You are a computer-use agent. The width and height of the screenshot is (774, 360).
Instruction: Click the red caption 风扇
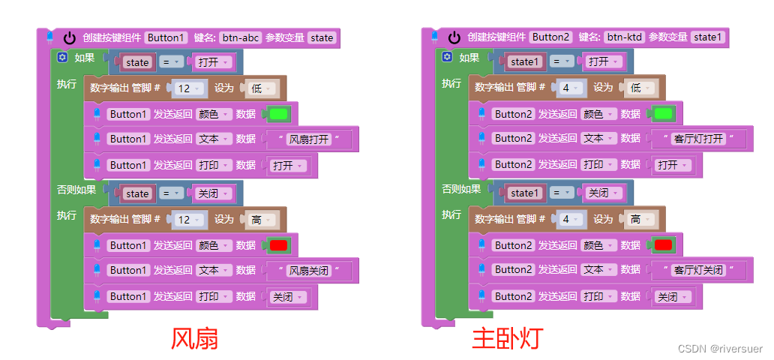pyautogui.click(x=194, y=339)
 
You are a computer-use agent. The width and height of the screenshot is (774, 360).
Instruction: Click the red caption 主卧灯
pyautogui.click(x=506, y=339)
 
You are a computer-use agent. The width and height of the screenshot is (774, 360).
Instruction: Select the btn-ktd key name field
pyautogui.click(x=625, y=37)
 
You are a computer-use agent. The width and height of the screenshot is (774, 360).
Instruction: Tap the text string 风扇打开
pyautogui.click(x=308, y=139)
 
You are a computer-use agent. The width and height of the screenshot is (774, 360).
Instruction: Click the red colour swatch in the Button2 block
pyautogui.click(x=663, y=245)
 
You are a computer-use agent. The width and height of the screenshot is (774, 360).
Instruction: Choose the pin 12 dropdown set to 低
pyautogui.click(x=188, y=88)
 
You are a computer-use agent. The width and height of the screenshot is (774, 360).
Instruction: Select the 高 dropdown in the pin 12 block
pyautogui.click(x=259, y=220)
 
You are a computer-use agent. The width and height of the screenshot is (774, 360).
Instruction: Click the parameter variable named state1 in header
pyautogui.click(x=707, y=37)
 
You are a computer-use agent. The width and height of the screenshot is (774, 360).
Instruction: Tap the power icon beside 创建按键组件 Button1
pyautogui.click(x=70, y=37)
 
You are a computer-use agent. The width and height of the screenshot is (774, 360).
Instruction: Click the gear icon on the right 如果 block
pyautogui.click(x=447, y=58)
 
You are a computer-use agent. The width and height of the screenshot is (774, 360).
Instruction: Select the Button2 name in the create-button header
pyautogui.click(x=550, y=37)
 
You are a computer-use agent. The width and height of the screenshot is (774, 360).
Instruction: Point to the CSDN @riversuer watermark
pyautogui.click(x=720, y=349)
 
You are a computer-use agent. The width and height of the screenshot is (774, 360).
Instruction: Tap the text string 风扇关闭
pyautogui.click(x=308, y=270)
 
